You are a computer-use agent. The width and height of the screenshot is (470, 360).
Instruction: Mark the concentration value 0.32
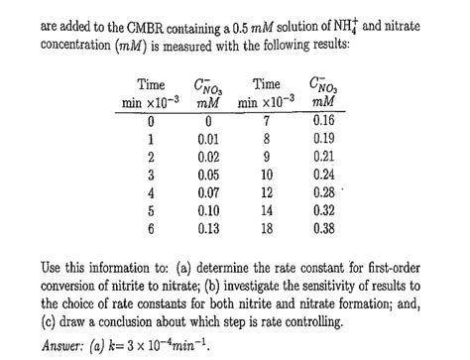[x=322, y=208]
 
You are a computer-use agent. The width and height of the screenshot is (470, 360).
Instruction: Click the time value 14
[x=268, y=208]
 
